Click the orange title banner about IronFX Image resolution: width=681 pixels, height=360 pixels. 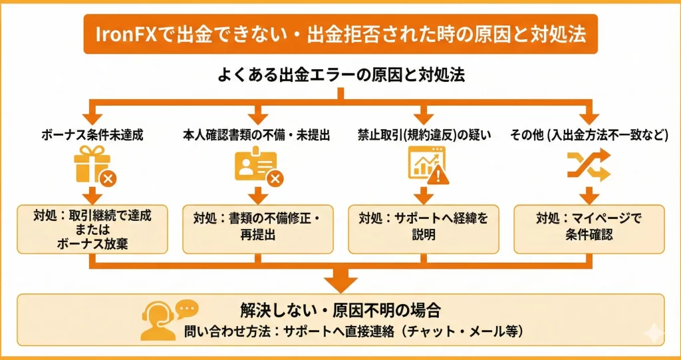pos(340,34)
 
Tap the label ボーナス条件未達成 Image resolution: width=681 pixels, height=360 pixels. pos(92,135)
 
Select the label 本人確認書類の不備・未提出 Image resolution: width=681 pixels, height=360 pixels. pos(257,135)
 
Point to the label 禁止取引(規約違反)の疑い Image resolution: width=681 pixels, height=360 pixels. pos(424,135)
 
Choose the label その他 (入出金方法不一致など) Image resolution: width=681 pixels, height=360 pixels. pos(589,135)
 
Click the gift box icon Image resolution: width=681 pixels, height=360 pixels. pos(92,164)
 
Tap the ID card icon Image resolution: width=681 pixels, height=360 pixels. pos(254,165)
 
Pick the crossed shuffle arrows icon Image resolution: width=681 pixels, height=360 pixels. pos(589,164)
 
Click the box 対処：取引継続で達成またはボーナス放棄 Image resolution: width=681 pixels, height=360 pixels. pos(92,229)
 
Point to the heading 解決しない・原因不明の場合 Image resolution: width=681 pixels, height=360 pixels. pos(341,310)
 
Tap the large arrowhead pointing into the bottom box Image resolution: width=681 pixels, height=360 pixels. pos(340,280)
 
